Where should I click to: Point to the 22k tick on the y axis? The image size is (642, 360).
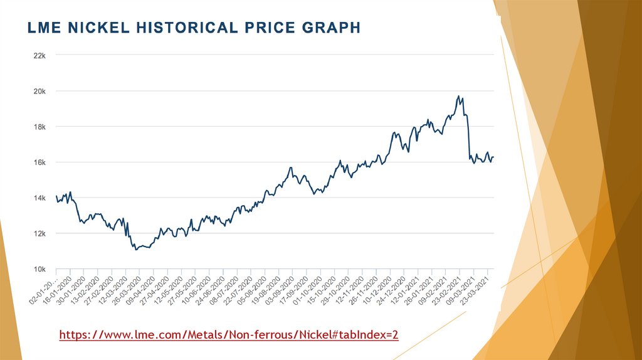[39, 55]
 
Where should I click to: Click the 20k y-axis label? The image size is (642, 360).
[39, 91]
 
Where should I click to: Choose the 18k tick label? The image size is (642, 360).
[39, 127]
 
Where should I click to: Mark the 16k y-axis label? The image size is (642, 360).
[39, 162]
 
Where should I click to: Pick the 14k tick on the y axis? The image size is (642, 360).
[39, 198]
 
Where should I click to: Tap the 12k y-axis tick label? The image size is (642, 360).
[39, 233]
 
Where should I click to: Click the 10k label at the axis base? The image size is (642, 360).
[39, 269]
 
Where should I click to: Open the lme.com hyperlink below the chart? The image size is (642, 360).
[229, 336]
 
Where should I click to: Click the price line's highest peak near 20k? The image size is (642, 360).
[458, 96]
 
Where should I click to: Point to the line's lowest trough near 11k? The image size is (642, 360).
[136, 250]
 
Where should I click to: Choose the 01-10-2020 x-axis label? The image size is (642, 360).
[311, 289]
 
